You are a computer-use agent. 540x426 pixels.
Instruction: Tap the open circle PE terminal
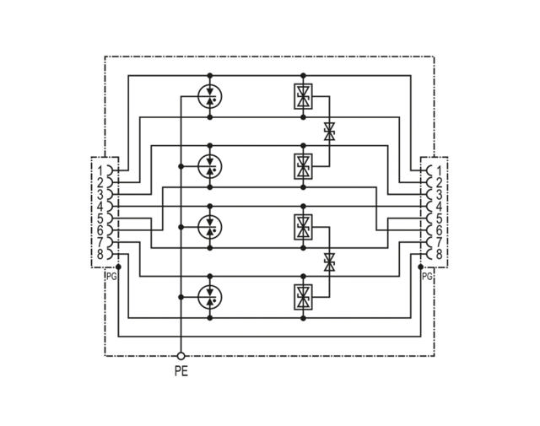(181, 356)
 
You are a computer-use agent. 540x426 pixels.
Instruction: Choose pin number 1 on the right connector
(439, 170)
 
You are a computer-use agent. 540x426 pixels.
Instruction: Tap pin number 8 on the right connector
(439, 254)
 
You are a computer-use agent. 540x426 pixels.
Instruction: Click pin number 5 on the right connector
(439, 218)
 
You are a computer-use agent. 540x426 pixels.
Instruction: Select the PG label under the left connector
(111, 276)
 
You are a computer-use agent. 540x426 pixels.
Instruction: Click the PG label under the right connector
(426, 276)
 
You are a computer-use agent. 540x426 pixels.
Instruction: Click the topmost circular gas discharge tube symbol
(209, 98)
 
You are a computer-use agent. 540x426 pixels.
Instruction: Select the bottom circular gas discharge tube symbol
(209, 296)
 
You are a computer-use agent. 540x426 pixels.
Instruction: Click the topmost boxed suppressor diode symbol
(302, 98)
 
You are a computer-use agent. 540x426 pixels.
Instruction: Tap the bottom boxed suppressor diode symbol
(302, 296)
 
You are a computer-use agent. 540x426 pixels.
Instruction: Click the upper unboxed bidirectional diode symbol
(329, 131)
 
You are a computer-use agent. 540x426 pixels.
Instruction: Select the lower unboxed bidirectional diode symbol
(329, 262)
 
